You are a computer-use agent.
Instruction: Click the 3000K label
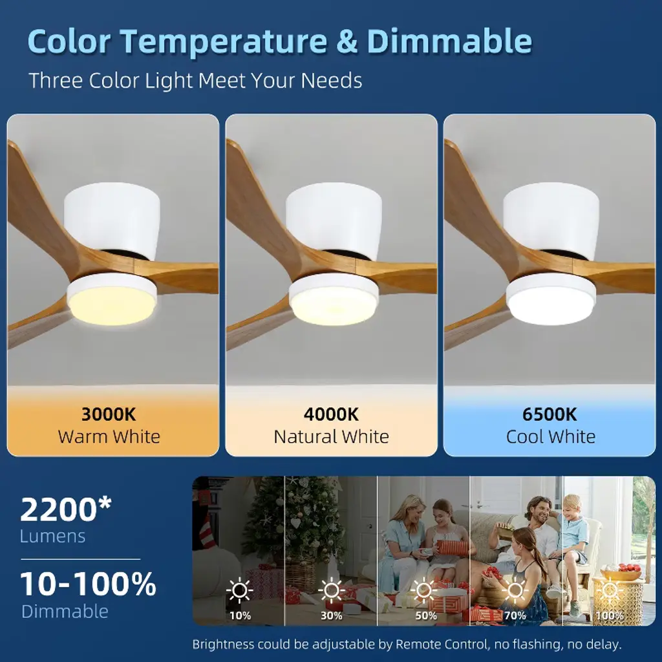click(109, 414)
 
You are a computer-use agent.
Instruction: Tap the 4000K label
click(331, 414)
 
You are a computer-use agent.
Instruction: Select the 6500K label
click(550, 414)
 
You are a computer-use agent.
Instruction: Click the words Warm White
click(109, 436)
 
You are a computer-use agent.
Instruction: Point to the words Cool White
click(551, 436)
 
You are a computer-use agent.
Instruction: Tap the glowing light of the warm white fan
click(112, 305)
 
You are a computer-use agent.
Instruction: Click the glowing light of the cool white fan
click(550, 305)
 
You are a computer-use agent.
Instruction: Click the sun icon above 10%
click(239, 590)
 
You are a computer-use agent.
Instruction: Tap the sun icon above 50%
click(424, 590)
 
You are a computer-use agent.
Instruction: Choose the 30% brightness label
click(332, 615)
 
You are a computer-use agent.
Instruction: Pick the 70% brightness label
click(515, 615)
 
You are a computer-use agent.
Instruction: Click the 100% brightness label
click(609, 615)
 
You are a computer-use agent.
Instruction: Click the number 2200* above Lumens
click(66, 509)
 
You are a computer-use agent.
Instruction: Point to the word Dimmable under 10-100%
click(65, 612)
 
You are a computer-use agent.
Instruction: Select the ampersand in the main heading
click(347, 41)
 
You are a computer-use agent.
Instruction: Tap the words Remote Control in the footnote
click(442, 645)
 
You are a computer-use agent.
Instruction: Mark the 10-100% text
click(88, 584)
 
